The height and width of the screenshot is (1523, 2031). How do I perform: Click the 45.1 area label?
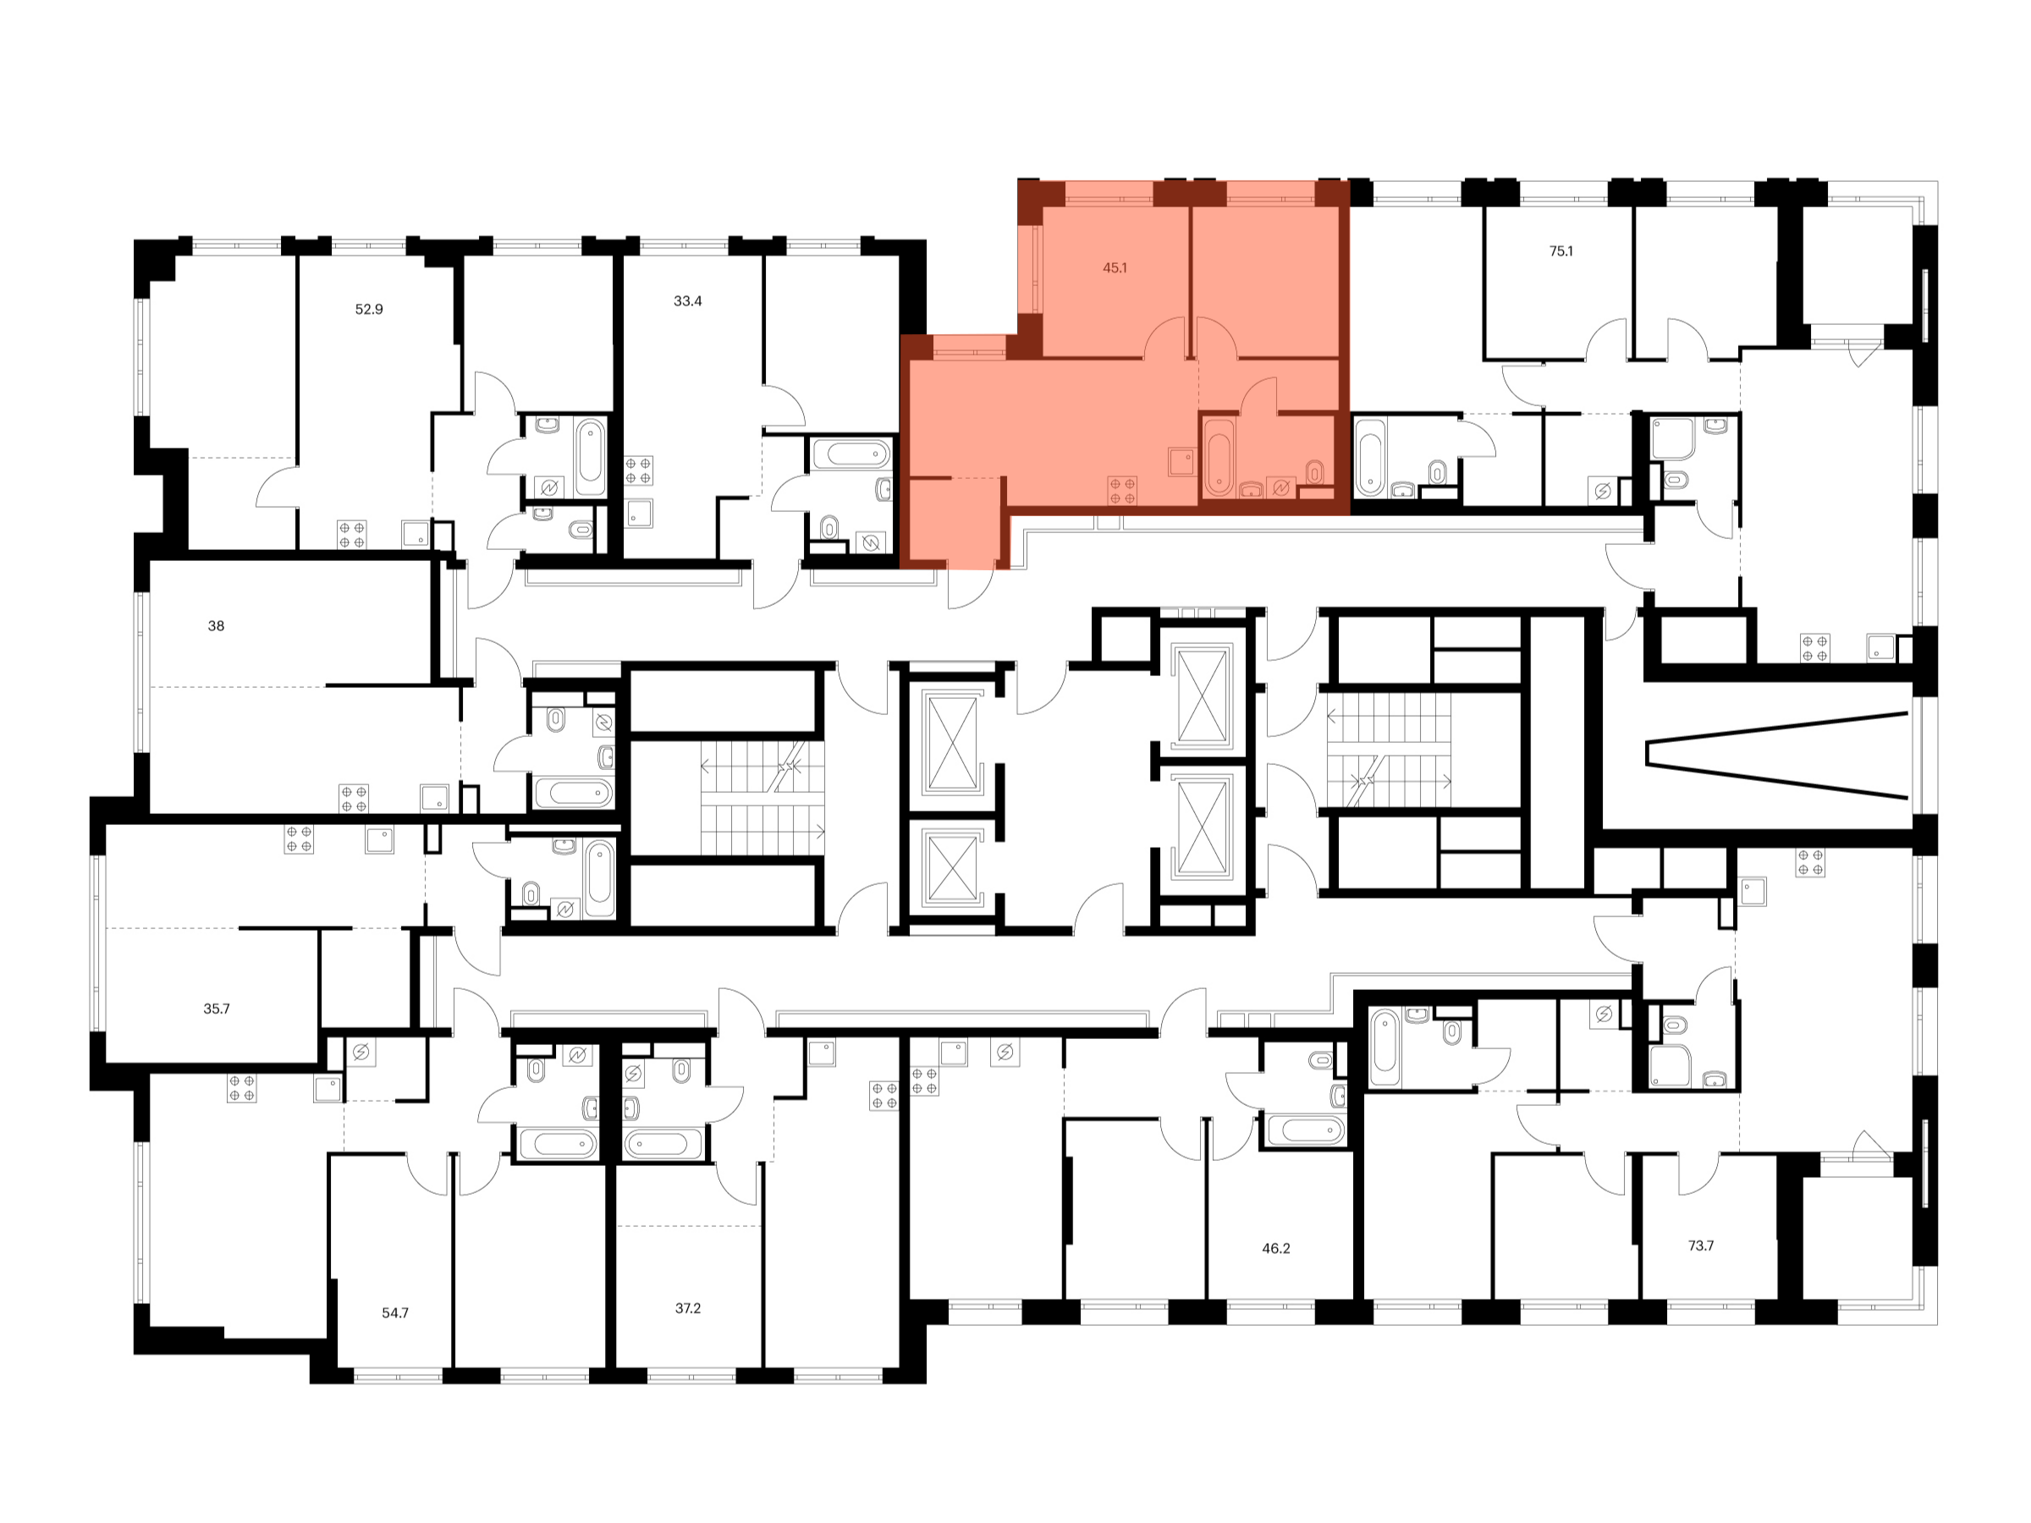pos(1115,268)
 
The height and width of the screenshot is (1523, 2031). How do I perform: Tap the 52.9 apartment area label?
pos(369,310)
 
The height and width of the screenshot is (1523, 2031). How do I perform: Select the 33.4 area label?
pos(688,301)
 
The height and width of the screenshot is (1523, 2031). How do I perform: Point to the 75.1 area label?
pos(1560,250)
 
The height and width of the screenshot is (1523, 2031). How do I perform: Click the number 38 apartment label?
pos(216,626)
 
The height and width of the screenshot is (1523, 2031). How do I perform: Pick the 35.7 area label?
pos(217,1009)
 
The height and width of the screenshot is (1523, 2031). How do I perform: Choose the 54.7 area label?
pos(395,1313)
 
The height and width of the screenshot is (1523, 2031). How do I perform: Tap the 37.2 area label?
pos(688,1308)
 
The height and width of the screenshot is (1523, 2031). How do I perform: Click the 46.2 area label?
pos(1276,1249)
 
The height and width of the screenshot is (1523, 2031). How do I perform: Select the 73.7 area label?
pos(1700,1245)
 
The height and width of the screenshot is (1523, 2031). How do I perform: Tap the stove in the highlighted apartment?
pos(1122,490)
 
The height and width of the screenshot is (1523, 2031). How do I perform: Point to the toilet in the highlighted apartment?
pos(1315,472)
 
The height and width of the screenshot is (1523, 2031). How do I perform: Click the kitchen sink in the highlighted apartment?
pos(1181,461)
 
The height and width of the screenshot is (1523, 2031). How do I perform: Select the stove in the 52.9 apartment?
pos(352,534)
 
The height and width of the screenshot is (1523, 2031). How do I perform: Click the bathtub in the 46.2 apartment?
pos(1306,1130)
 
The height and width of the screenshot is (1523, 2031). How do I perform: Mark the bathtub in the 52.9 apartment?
pos(591,457)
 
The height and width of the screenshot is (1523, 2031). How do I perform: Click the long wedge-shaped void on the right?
pos(1776,755)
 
